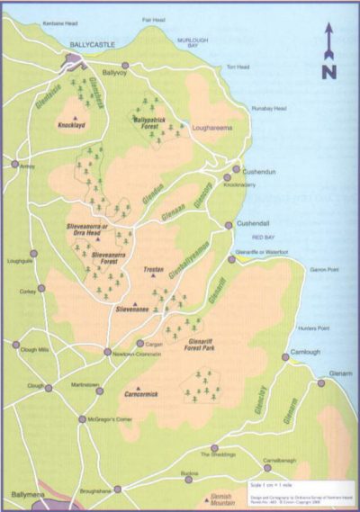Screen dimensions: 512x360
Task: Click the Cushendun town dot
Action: [x=238, y=168]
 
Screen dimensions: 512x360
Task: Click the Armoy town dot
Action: [x=15, y=164]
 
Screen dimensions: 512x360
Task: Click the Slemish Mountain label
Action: [x=196, y=499]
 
